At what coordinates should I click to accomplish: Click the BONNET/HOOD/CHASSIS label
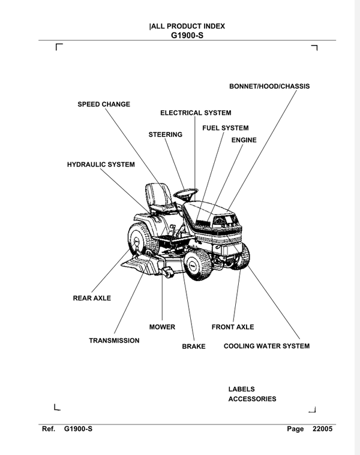(269, 86)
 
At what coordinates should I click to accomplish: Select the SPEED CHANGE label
(104, 104)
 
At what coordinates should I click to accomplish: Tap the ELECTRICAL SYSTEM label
(196, 113)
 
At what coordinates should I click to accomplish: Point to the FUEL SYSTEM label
(225, 128)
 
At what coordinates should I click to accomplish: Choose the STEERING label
(165, 135)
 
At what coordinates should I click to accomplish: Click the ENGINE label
(244, 140)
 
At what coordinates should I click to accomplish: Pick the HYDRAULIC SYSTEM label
(101, 164)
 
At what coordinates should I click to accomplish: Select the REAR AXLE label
(92, 298)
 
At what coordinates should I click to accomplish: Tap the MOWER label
(162, 327)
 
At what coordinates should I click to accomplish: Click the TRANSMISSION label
(114, 341)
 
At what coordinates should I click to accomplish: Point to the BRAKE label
(194, 346)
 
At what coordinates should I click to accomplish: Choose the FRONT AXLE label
(233, 327)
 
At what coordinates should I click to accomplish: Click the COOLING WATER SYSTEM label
(266, 346)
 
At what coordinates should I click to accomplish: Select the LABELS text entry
(242, 389)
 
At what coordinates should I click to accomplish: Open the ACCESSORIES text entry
(252, 399)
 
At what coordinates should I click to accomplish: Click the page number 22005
(322, 429)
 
